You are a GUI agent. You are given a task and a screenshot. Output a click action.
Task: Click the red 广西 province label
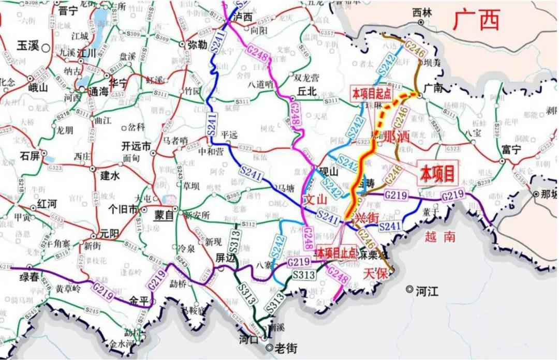(477, 21)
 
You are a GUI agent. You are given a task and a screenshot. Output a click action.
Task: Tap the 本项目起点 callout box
(371, 94)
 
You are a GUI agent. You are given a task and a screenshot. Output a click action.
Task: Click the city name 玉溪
(28, 46)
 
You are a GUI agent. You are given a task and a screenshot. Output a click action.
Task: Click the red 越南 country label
(440, 237)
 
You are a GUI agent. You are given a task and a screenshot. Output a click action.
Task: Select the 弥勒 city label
(197, 44)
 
